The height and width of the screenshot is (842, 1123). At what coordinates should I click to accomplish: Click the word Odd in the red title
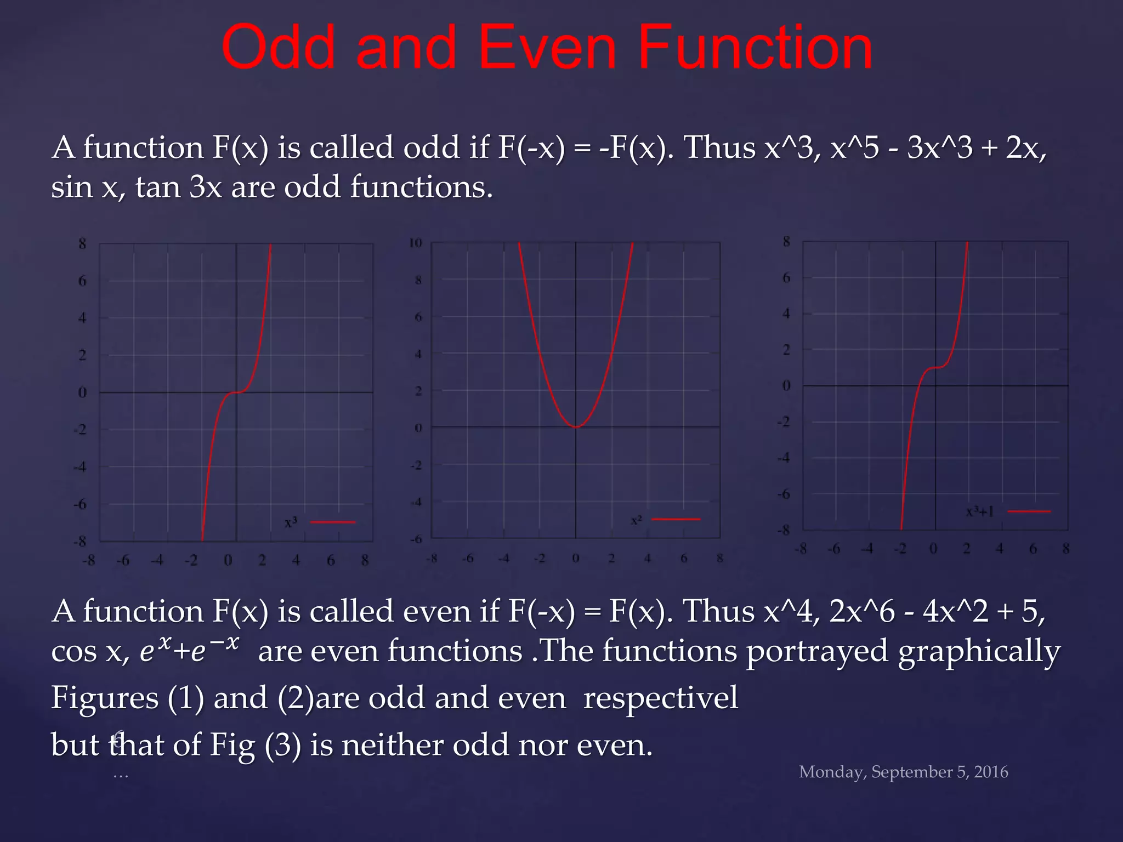pyautogui.click(x=277, y=48)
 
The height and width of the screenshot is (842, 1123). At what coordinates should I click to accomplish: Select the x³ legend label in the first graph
pyautogui.click(x=291, y=522)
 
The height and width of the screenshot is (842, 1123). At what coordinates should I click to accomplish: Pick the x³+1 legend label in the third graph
pyautogui.click(x=979, y=512)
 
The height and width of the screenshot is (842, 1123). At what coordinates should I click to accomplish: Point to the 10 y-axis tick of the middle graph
pyautogui.click(x=416, y=243)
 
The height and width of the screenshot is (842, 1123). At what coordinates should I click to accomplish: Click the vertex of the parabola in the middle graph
pyautogui.click(x=576, y=426)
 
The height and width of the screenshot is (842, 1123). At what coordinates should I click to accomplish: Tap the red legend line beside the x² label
pyautogui.click(x=676, y=519)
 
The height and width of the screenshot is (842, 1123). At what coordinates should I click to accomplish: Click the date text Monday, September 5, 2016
pyautogui.click(x=903, y=772)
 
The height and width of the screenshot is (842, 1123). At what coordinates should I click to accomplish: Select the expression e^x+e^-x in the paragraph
pyautogui.click(x=190, y=650)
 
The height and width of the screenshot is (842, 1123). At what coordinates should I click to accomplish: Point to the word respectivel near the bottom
pyautogui.click(x=660, y=698)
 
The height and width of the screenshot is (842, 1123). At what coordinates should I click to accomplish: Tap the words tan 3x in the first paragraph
pyautogui.click(x=179, y=187)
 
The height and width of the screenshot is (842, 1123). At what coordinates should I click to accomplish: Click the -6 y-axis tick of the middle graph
pyautogui.click(x=417, y=539)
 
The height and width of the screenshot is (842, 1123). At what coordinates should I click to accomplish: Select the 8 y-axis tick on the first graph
pyautogui.click(x=82, y=243)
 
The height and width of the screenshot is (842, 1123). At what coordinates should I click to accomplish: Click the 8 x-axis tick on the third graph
pyautogui.click(x=1065, y=548)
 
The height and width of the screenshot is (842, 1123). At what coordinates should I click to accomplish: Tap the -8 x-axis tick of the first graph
pyautogui.click(x=88, y=560)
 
